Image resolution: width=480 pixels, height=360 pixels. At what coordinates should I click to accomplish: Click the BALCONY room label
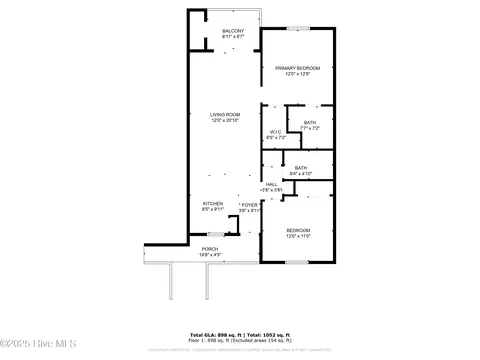point(232,31)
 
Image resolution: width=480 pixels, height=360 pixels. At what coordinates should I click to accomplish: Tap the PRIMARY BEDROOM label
point(298,68)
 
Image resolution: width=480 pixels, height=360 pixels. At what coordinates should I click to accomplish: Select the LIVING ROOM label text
point(224,114)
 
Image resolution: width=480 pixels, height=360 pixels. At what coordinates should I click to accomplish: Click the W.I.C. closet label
point(276,131)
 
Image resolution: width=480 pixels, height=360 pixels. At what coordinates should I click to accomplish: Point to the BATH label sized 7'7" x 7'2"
point(309,122)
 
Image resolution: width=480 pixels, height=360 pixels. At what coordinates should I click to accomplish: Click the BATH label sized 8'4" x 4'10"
point(300,167)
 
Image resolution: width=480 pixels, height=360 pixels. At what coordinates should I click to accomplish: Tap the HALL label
point(271,183)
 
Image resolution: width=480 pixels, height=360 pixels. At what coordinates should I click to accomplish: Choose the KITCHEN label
point(212,203)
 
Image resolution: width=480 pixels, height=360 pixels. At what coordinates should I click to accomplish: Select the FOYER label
point(247,204)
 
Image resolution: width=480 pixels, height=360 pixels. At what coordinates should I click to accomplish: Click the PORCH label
point(210,249)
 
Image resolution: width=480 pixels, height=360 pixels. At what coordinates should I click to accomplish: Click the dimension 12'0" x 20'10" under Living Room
point(224,120)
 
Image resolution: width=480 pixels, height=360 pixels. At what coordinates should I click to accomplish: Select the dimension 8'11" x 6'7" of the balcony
point(232,37)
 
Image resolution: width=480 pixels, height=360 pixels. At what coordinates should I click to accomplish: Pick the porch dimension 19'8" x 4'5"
point(210,255)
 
